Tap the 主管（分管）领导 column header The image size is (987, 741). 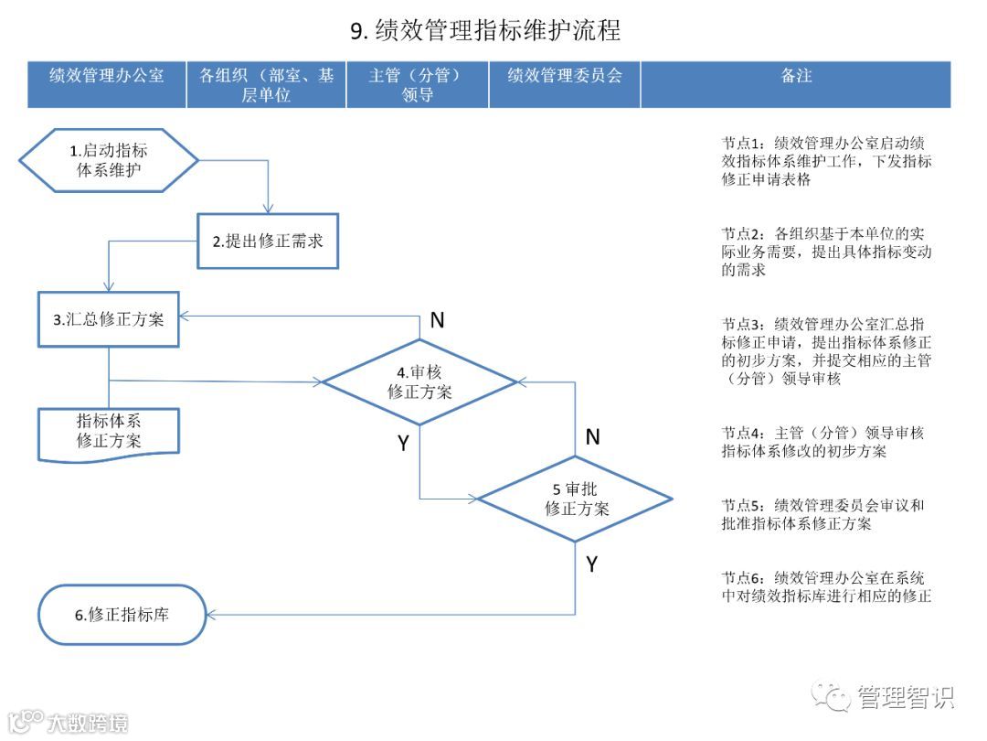coord(417,84)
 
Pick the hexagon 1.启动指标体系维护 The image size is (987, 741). coord(109,160)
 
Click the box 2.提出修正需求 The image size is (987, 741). coord(268,242)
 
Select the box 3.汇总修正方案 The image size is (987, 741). coord(108,320)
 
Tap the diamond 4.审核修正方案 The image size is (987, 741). coord(419,381)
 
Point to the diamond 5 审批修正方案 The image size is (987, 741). coord(576,499)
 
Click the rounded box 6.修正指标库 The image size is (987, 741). coord(122,615)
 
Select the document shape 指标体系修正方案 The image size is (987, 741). coord(109,431)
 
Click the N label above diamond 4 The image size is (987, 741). coord(437,319)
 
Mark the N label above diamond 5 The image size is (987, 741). coord(592,437)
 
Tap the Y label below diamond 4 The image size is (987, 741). coord(403,443)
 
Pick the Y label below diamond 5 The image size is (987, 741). coord(591,564)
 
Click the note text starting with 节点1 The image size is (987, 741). coord(826,161)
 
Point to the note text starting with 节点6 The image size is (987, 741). coord(826,587)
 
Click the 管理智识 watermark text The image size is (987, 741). coord(905,697)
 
